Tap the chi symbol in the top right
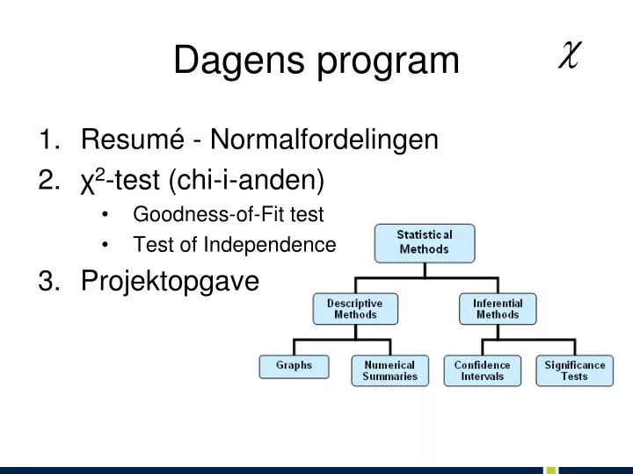click(x=568, y=56)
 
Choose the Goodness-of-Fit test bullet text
click(x=229, y=214)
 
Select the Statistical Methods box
click(x=424, y=242)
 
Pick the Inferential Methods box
click(x=498, y=308)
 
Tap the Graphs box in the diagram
click(x=294, y=365)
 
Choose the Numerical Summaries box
click(x=389, y=370)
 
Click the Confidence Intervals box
click(x=482, y=370)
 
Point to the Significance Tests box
click(x=575, y=370)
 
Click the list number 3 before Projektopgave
click(x=47, y=281)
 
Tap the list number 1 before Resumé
click(x=47, y=140)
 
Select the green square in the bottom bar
click(x=550, y=470)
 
